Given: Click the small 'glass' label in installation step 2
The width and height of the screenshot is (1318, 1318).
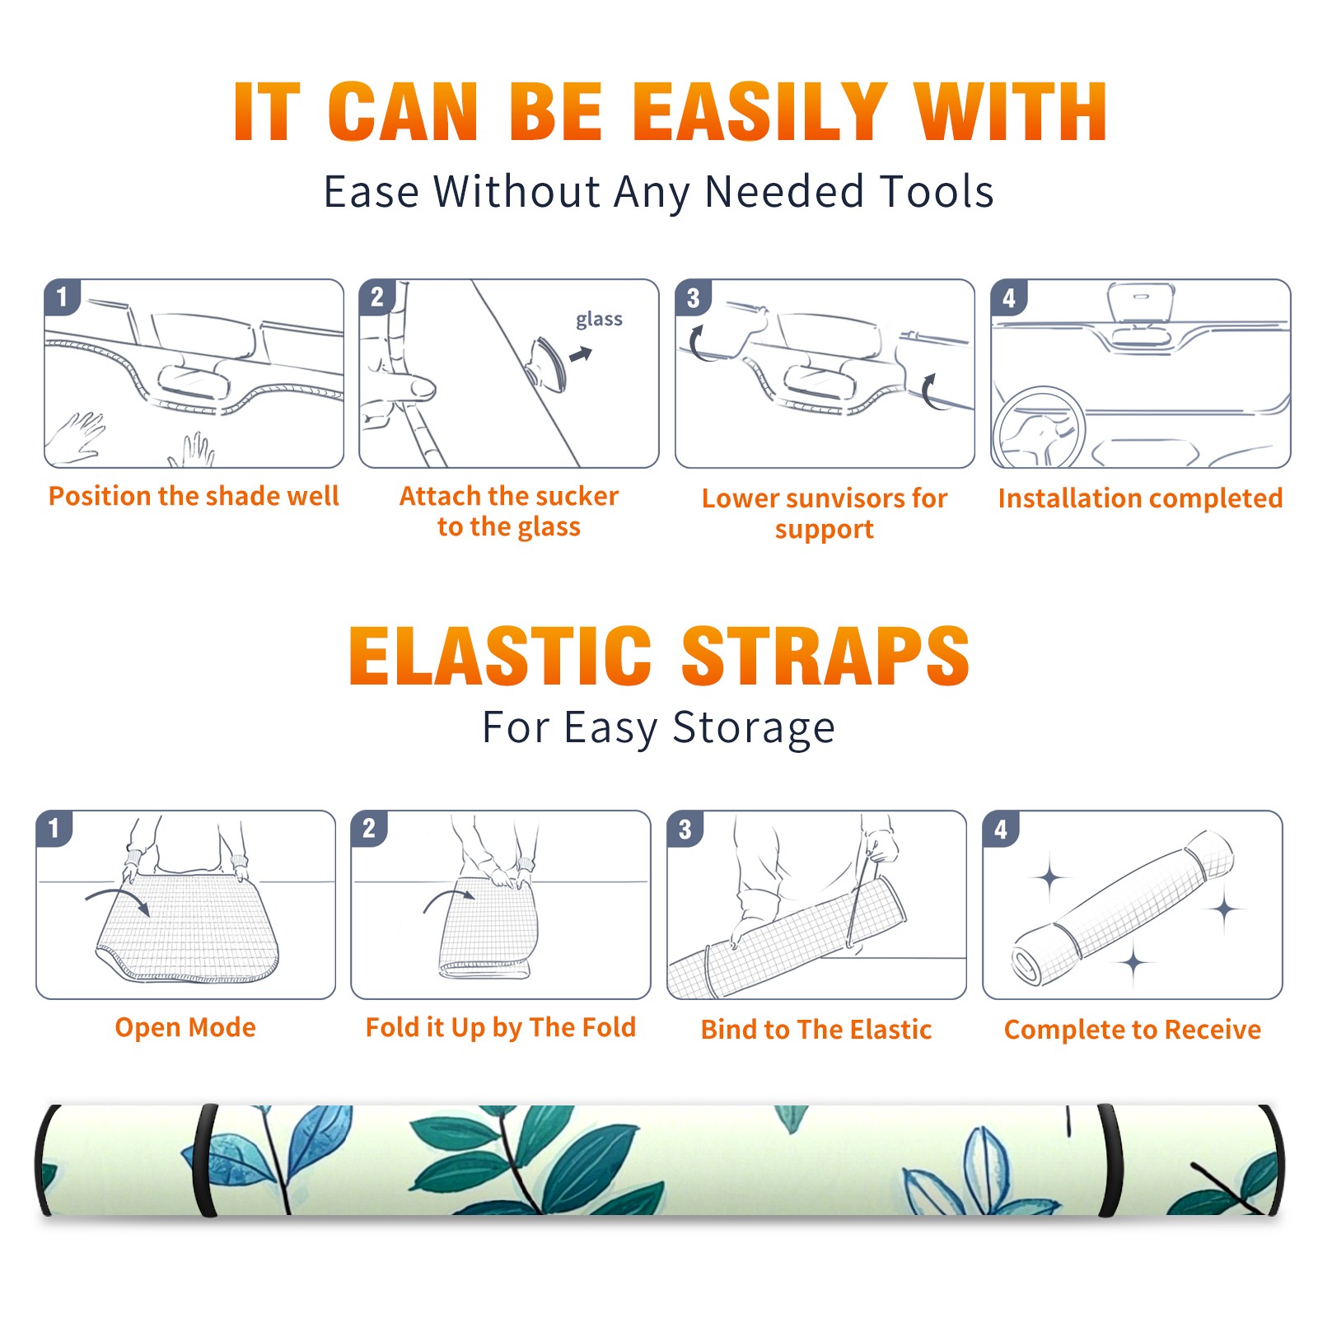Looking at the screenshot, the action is coord(599,320).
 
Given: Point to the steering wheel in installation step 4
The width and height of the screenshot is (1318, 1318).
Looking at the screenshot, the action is coord(1040,428).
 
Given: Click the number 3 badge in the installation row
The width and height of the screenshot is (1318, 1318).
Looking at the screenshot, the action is coord(693,297).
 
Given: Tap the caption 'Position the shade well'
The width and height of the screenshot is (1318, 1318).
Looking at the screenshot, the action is coord(194,496).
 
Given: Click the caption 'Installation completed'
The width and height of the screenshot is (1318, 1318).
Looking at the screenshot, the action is coord(1140,498).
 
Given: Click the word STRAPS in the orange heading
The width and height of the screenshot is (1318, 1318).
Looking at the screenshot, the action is coord(825,656).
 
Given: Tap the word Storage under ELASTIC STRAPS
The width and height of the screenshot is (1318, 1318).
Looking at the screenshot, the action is coord(754,728).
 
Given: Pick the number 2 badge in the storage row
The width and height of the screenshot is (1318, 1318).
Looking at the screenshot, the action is coord(368,828).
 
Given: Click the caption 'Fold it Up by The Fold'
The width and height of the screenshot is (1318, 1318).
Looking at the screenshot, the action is coord(501,1027).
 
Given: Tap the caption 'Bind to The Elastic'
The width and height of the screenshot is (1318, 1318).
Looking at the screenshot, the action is coord(816,1029).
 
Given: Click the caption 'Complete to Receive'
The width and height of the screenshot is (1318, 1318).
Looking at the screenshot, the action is coord(1133,1030).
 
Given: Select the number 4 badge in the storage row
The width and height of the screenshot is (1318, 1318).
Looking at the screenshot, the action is coord(1001,828).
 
